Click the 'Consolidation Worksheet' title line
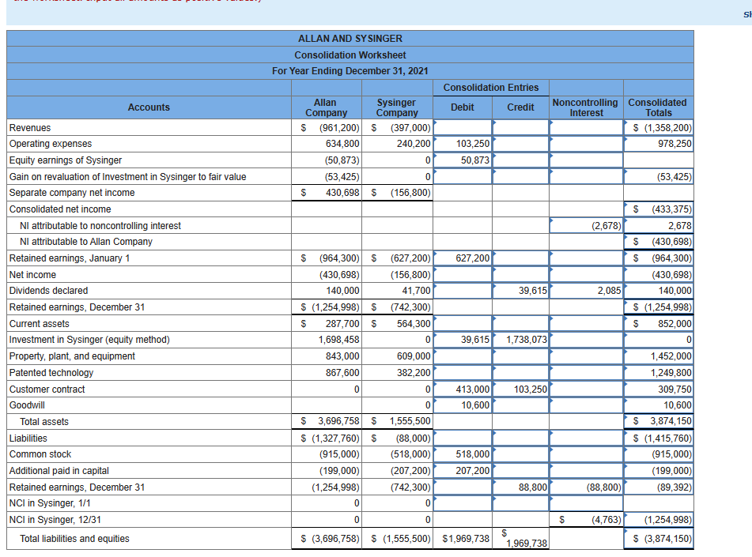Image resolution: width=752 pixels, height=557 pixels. coord(350,55)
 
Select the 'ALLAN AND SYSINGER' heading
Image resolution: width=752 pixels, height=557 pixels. coord(350,39)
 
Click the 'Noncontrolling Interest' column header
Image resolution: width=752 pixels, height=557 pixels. coord(585,107)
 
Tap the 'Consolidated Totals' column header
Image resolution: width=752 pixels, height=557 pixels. coord(657,107)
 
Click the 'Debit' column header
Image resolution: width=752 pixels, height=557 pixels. coord(463,107)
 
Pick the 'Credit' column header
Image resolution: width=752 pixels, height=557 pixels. coord(520,107)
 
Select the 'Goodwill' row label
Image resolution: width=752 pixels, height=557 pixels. coord(27,405)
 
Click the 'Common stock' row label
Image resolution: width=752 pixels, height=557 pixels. coord(40,454)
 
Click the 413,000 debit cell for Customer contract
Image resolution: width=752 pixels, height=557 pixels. coord(473,390)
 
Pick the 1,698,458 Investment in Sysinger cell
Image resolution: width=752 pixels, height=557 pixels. coord(342,340)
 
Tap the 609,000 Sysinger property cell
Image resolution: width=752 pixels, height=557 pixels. coord(414,356)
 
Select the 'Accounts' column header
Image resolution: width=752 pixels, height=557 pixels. coord(149,107)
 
